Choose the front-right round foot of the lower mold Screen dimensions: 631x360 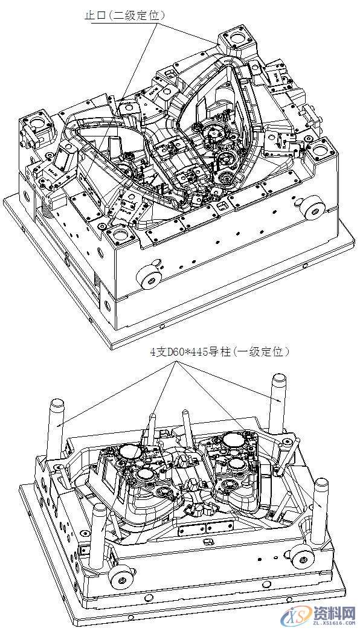[x=301, y=559]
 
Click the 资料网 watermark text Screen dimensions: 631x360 [x=332, y=612]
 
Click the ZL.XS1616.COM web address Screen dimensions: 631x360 [x=332, y=623]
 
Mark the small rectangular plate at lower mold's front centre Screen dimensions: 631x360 [x=194, y=530]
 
